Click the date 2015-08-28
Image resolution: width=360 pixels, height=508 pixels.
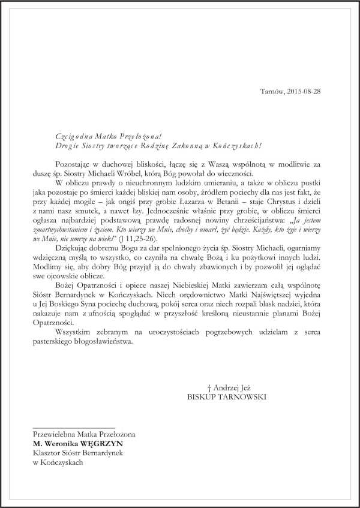[321, 92]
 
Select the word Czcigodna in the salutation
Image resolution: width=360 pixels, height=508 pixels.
[58, 137]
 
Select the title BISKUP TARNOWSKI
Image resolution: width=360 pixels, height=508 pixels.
[226, 396]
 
